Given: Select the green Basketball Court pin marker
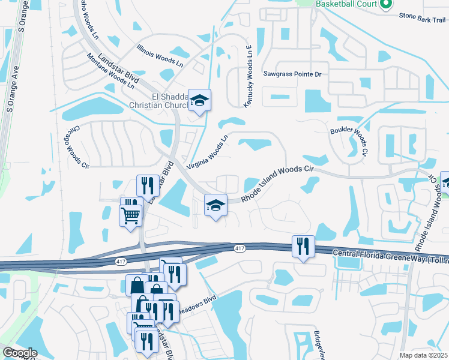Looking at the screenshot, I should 386,4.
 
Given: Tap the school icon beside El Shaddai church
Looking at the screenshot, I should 199,100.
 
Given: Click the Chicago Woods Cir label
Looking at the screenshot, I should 76,147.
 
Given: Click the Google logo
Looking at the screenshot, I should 19,353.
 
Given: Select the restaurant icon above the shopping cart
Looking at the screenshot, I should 147,186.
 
